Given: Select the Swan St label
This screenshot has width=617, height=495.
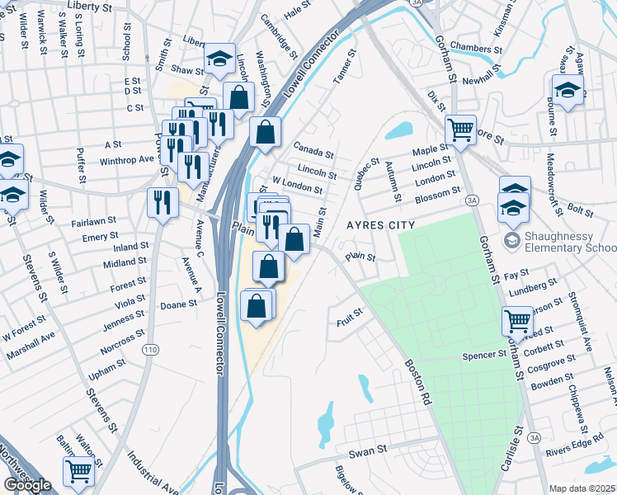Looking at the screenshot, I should [x=367, y=450].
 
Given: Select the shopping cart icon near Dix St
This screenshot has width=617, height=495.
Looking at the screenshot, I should [x=460, y=129].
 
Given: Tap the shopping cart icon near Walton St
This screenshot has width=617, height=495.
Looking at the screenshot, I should [x=79, y=472].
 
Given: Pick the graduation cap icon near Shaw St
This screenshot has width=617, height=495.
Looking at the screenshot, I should [x=219, y=59].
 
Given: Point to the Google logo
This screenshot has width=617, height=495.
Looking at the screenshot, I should [x=27, y=485].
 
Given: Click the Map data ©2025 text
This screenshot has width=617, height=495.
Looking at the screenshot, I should [x=582, y=488].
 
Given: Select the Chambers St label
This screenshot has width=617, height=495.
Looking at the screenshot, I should [x=476, y=49].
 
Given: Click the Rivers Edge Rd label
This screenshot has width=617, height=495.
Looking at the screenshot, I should [x=586, y=450].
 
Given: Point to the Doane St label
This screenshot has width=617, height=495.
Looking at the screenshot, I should [x=178, y=304].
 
